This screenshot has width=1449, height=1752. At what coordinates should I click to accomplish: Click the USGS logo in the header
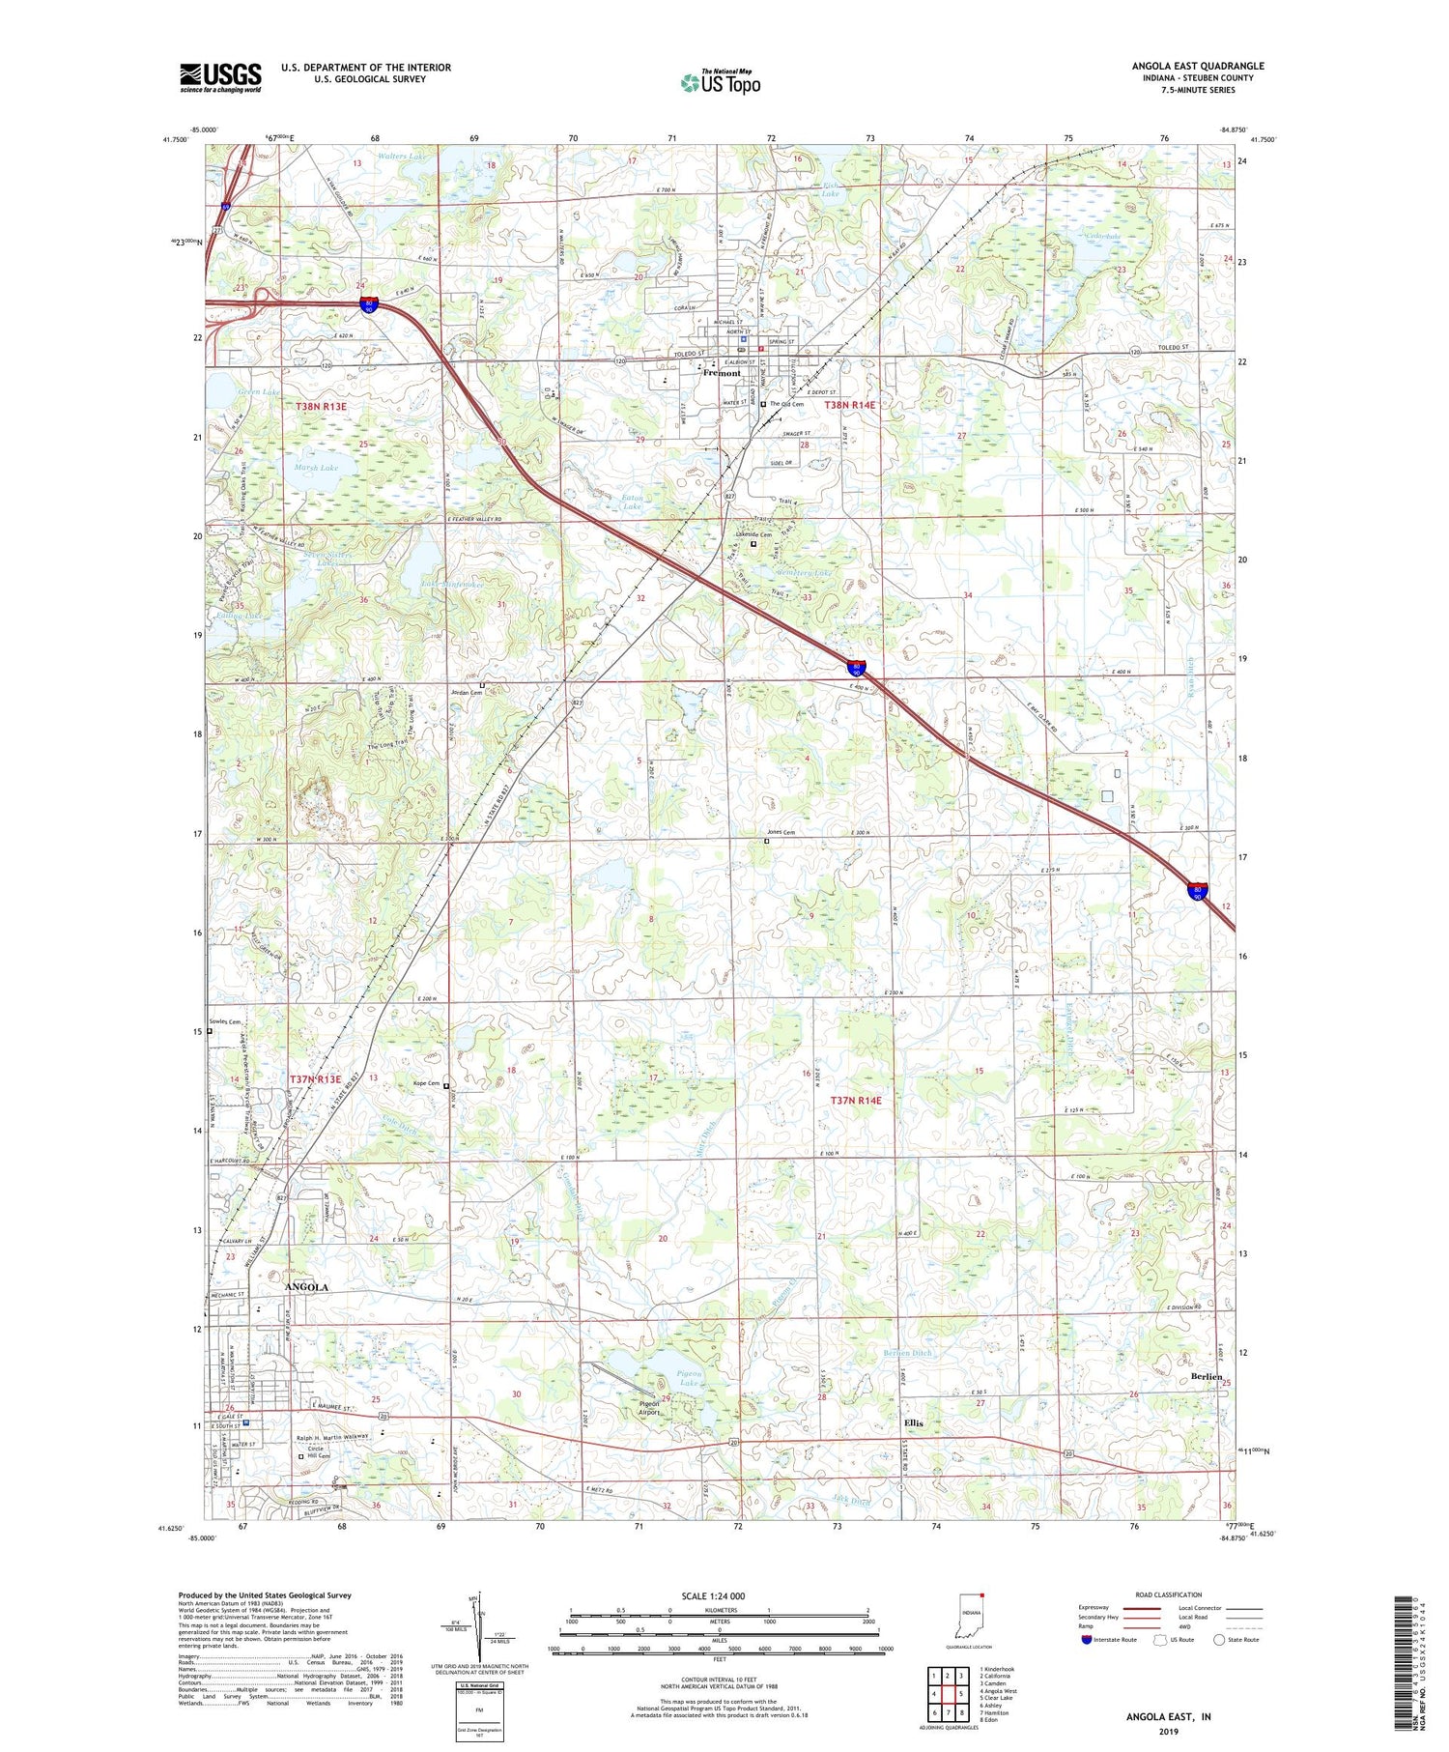pyautogui.click(x=220, y=77)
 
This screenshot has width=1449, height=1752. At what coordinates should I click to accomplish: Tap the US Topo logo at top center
pyautogui.click(x=721, y=83)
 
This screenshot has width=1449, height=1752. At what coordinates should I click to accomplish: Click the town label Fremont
pyautogui.click(x=722, y=373)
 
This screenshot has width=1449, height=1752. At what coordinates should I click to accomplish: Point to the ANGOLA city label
pyautogui.click(x=307, y=1287)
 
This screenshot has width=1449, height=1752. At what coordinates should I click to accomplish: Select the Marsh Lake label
pyautogui.click(x=316, y=468)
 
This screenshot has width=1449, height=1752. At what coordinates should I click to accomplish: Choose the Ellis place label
pyautogui.click(x=913, y=1423)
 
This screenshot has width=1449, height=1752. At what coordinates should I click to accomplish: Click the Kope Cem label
pyautogui.click(x=427, y=1084)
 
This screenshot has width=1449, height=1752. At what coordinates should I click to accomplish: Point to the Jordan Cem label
pyautogui.click(x=467, y=692)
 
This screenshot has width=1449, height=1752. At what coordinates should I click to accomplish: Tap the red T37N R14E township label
pyautogui.click(x=857, y=1101)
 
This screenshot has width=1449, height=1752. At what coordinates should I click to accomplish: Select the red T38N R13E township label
pyautogui.click(x=321, y=408)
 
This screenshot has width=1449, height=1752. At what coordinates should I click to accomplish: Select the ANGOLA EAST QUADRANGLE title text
pyautogui.click(x=1197, y=66)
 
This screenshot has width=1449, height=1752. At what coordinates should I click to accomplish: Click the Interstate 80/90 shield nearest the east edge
pyautogui.click(x=1198, y=892)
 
